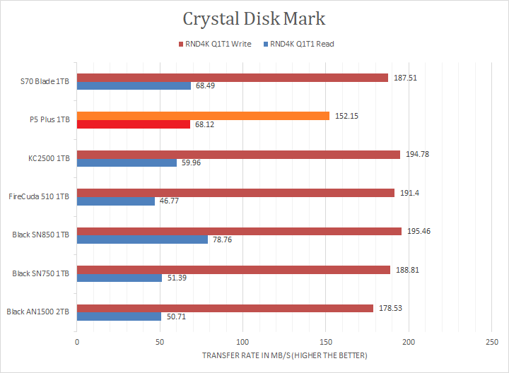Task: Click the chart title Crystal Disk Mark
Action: coord(255,18)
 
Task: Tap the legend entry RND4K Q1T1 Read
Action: coord(303,44)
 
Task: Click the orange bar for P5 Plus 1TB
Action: coord(203,116)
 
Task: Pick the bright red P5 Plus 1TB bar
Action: coord(133,124)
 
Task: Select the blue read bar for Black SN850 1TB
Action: coord(142,239)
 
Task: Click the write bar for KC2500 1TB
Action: coord(238,154)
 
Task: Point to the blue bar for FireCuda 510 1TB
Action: coord(115,201)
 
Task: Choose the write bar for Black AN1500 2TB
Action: coord(225,308)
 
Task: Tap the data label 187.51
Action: coord(405,78)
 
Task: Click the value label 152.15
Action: coord(346,116)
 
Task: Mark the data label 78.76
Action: coord(225,239)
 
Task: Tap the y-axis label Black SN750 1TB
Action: coord(41,273)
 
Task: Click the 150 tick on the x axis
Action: coord(325,342)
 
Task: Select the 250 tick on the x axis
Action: coord(491,342)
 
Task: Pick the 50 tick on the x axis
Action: coord(160,342)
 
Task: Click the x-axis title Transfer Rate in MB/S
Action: coord(284,355)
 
